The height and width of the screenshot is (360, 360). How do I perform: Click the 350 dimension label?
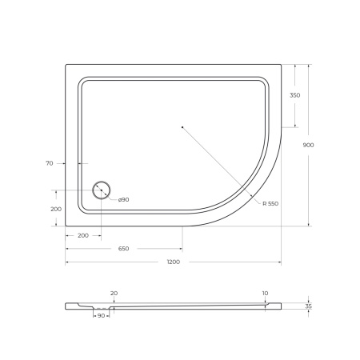[295, 95]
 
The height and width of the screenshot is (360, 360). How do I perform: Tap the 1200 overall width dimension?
[174, 262]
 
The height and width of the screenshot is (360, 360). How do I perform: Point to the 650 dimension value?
[124, 249]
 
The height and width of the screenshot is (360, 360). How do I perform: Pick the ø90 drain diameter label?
[124, 199]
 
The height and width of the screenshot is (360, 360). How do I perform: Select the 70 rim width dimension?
[50, 163]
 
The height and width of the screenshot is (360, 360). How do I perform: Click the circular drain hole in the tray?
[102, 190]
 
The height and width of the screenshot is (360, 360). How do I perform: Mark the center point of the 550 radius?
[182, 126]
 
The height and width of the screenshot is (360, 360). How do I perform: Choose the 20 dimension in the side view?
[114, 293]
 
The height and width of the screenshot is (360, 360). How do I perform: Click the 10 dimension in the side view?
[265, 293]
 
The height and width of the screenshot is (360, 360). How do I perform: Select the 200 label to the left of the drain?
[55, 208]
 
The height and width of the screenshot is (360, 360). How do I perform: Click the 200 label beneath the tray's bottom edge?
[83, 236]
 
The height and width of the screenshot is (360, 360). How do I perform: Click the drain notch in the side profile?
[102, 308]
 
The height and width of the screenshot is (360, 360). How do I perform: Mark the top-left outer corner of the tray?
[66, 64]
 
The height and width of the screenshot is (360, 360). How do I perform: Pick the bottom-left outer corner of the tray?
[66, 226]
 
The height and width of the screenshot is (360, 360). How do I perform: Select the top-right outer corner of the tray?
[282, 64]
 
